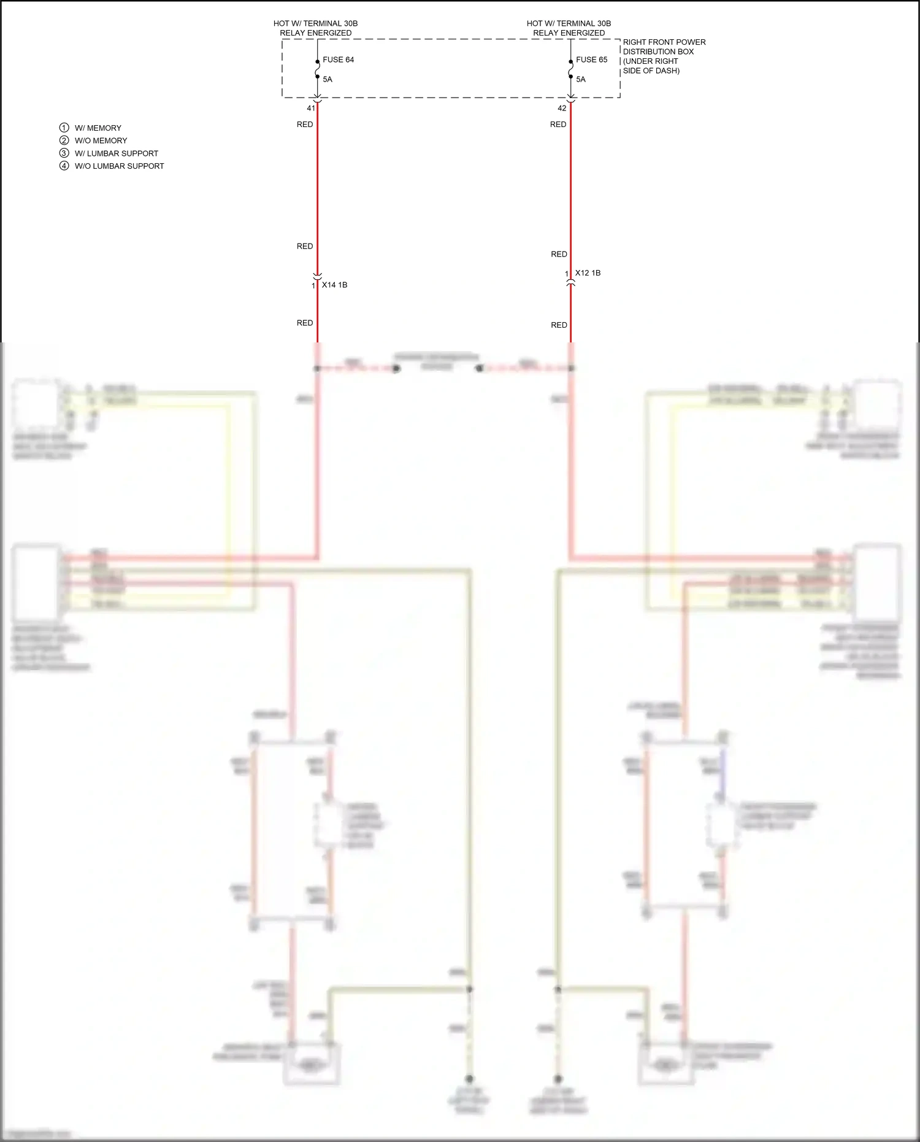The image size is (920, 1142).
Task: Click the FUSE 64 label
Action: pyautogui.click(x=338, y=60)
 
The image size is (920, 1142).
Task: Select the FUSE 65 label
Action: pyautogui.click(x=591, y=60)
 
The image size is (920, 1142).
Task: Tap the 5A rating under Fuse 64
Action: pyautogui.click(x=328, y=79)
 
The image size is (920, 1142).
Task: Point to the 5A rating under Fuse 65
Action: pyautogui.click(x=581, y=79)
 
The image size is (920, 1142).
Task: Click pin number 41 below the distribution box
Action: pyautogui.click(x=311, y=108)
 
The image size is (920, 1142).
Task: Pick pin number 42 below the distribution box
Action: pyautogui.click(x=562, y=108)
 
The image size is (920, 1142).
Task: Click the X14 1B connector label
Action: pyautogui.click(x=334, y=285)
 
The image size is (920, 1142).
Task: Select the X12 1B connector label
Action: pyautogui.click(x=588, y=273)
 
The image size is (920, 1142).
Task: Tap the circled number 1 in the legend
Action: pyautogui.click(x=64, y=128)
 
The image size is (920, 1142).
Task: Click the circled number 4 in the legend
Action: pyautogui.click(x=64, y=166)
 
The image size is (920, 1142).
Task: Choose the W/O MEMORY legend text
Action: pyautogui.click(x=101, y=141)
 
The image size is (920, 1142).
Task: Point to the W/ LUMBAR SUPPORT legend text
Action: pyautogui.click(x=117, y=153)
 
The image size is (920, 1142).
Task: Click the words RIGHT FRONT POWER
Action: pyautogui.click(x=664, y=42)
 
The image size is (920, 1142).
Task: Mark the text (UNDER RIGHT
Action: pyautogui.click(x=650, y=61)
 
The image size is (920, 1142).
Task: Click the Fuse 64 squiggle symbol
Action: pyautogui.click(x=318, y=69)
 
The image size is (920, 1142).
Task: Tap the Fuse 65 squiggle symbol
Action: pyautogui.click(x=571, y=69)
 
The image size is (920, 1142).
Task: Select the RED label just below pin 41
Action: pyautogui.click(x=305, y=125)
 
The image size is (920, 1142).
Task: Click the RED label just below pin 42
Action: pyautogui.click(x=558, y=125)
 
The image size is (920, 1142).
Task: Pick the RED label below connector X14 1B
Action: pyautogui.click(x=305, y=323)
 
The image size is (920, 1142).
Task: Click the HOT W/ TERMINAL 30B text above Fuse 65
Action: pyautogui.click(x=569, y=23)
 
